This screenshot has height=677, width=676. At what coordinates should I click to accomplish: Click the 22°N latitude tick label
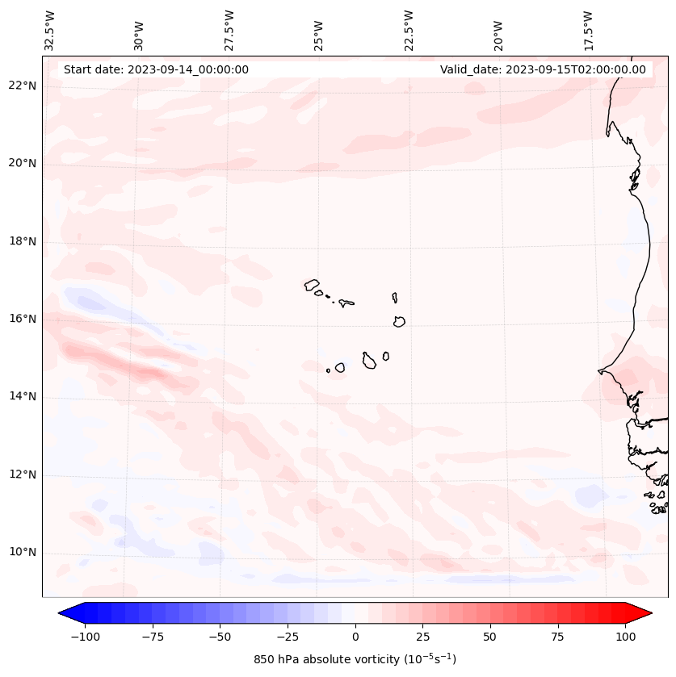23,86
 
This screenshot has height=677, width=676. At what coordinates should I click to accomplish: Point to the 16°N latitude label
23,320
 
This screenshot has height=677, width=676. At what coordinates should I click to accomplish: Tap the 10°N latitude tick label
23,553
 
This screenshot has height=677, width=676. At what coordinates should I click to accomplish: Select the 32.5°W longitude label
50,31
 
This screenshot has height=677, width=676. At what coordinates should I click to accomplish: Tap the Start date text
156,69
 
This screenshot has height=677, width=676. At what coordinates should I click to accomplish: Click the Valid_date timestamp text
543,69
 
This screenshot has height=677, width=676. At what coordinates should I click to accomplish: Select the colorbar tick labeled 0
355,637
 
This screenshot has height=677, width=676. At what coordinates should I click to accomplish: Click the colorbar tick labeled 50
489,637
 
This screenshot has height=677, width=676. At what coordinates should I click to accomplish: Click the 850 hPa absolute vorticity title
355,659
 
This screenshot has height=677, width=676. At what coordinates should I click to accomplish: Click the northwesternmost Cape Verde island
312,285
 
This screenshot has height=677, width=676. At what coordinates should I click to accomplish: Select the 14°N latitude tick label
23,397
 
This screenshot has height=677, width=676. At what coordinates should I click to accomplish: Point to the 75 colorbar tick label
557,637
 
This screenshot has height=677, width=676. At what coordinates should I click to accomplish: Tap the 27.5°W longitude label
229,31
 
